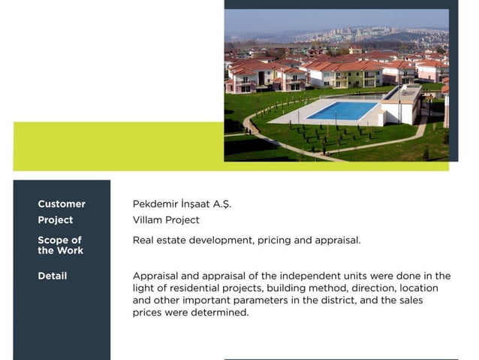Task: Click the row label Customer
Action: point(62,204)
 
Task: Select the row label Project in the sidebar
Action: point(56,220)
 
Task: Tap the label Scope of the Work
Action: point(60,245)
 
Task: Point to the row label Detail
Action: point(53,276)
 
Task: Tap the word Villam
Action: point(148,220)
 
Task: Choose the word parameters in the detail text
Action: point(324,300)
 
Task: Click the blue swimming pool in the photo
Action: point(342,110)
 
